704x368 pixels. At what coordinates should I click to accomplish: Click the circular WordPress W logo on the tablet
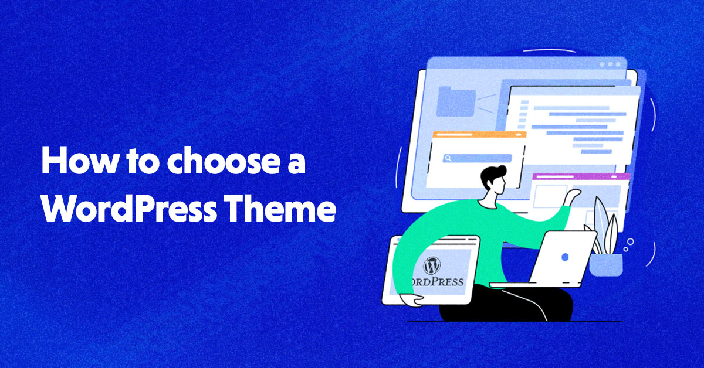(432, 265)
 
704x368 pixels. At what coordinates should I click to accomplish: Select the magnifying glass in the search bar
(447, 158)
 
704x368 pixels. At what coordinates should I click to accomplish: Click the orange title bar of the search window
(479, 135)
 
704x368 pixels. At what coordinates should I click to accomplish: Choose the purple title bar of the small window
(581, 176)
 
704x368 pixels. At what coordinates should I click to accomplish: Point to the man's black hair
(490, 174)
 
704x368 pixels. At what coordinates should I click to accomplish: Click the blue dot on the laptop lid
(565, 257)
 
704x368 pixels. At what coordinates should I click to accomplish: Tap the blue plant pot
(605, 265)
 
